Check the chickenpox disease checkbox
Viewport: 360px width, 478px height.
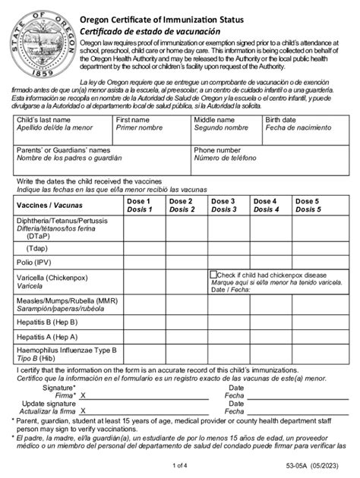(214, 274)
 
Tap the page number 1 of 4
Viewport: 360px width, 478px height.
(180, 464)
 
